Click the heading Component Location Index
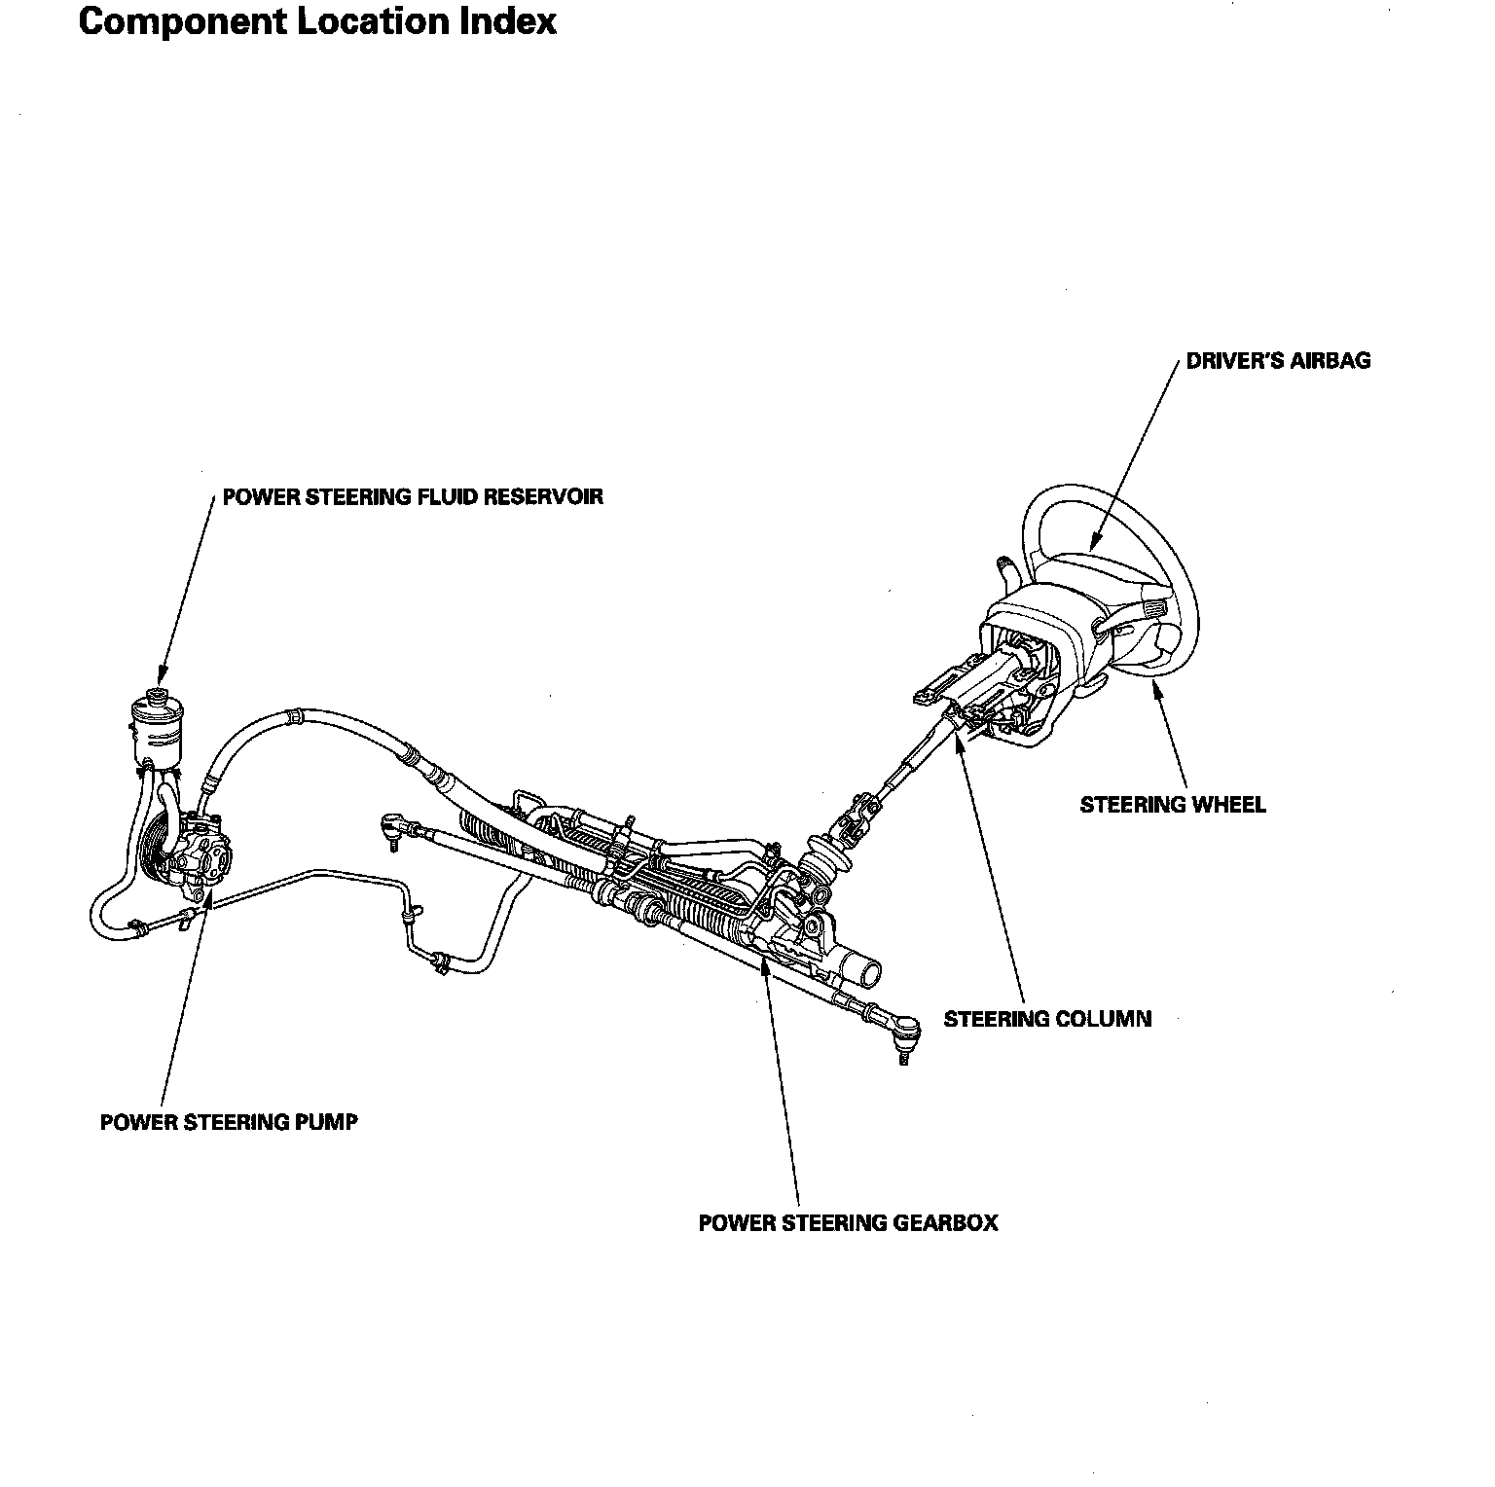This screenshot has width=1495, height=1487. point(317,21)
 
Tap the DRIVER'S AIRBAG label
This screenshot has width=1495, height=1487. point(1278,361)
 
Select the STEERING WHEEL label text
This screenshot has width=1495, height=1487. point(1173,805)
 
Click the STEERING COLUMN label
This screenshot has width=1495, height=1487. point(1047,1019)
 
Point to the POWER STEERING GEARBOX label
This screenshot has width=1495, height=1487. point(848,1223)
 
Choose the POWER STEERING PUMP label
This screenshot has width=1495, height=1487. point(229,1122)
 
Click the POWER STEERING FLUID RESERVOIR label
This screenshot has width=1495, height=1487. point(413,497)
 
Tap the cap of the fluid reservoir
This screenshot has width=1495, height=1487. point(155,694)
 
